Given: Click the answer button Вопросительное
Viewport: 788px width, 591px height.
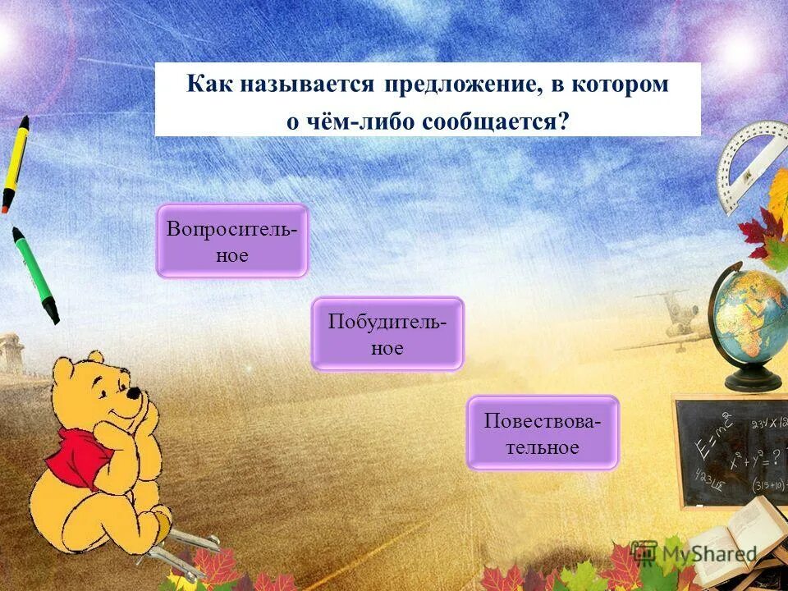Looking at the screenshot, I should (231, 241).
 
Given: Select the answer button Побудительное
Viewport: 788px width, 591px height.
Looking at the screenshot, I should (387, 333).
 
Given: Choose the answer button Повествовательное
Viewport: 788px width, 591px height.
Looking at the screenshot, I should (543, 433).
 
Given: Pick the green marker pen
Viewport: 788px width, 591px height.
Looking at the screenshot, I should (35, 273).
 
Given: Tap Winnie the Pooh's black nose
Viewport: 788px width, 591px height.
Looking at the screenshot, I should (132, 393).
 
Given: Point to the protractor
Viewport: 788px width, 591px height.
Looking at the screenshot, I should (749, 161).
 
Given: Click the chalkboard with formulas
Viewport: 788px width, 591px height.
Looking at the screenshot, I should (731, 451).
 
